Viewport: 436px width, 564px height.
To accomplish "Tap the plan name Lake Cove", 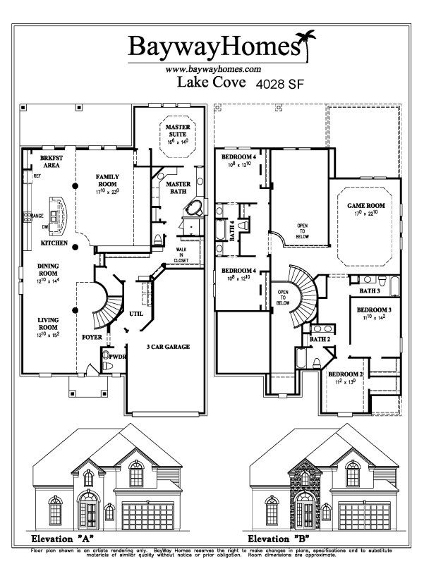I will tap(210, 83).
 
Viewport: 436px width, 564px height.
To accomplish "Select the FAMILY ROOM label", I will tap(108, 180).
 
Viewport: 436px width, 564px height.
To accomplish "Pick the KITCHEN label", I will tap(54, 243).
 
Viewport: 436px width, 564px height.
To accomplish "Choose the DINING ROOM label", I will tap(48, 269).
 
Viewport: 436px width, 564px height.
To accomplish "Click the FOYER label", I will tap(92, 337).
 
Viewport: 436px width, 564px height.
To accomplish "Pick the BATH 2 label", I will tap(320, 340).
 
